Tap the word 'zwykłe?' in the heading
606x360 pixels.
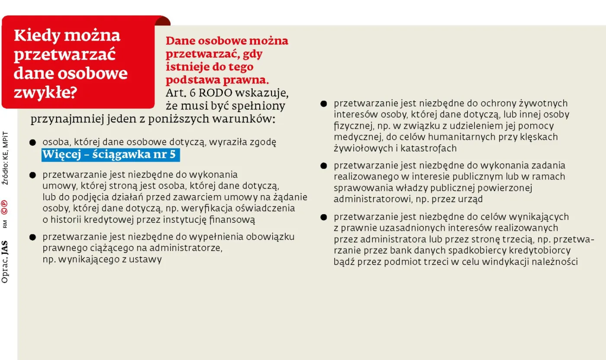pyautogui.click(x=45, y=92)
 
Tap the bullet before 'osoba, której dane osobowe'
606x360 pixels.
pyautogui.click(x=32, y=142)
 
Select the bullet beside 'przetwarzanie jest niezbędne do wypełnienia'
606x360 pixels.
pyautogui.click(x=32, y=237)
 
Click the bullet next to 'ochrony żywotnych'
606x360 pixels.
pyautogui.click(x=324, y=104)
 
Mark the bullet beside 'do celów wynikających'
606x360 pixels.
pyautogui.click(x=324, y=217)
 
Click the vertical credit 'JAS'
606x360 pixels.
pyautogui.click(x=5, y=248)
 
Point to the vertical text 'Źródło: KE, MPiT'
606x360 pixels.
pyautogui.click(x=5, y=157)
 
